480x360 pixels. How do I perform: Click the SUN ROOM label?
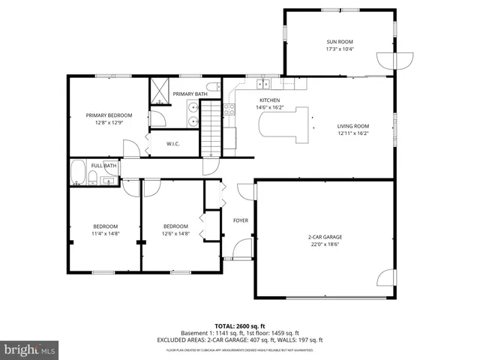pos(339,42)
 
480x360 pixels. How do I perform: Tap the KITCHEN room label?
pos(269,100)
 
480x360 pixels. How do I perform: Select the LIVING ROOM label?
pos(352,126)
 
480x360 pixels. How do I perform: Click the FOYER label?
pos(241,220)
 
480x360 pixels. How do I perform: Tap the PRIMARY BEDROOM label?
pos(109,115)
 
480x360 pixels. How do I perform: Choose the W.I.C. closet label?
pos(172,143)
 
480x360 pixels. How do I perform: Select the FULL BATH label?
pos(103,166)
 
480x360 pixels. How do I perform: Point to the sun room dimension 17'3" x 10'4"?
pos(339,49)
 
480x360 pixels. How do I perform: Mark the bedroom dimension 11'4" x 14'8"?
pos(105,233)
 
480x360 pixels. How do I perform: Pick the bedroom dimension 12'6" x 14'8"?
pos(175,233)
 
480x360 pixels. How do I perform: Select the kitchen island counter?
pos(286,124)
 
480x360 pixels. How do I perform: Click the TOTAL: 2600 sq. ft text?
pos(239,326)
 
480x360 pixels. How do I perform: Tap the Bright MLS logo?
pos(30,349)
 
